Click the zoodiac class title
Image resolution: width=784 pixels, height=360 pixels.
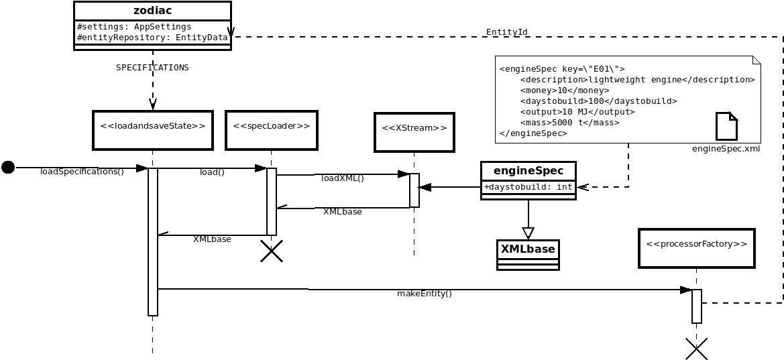tap(152, 11)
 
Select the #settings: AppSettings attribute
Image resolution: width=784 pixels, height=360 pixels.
tap(125, 27)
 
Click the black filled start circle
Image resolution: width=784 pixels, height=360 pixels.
tap(8, 167)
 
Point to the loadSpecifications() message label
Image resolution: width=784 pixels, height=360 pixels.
tap(82, 172)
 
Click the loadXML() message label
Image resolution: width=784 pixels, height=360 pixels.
tap(343, 178)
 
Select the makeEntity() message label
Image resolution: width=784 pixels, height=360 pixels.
tap(424, 294)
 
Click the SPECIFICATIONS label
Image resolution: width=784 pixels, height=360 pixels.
tap(152, 68)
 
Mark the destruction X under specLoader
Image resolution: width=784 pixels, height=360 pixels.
tap(272, 251)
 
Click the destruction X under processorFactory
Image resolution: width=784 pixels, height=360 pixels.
tap(696, 349)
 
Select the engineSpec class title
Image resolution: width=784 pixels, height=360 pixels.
tap(528, 171)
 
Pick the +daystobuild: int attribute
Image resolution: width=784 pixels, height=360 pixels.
tap(528, 188)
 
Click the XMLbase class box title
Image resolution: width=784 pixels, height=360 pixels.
tap(528, 249)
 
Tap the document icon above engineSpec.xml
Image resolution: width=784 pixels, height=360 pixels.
tap(726, 126)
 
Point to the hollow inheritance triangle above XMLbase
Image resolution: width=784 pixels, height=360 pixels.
tap(528, 233)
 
